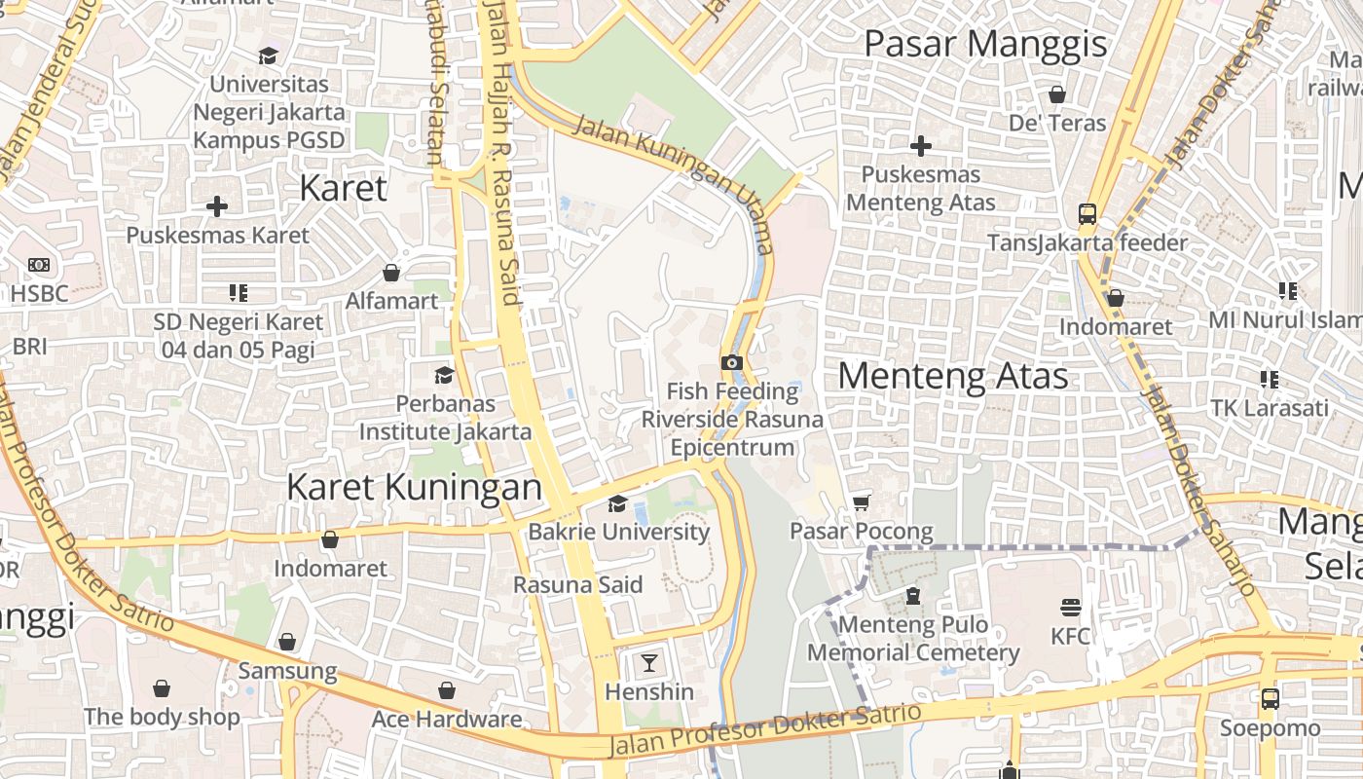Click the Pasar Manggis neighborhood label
coord(985,44)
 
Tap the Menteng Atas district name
coord(952,376)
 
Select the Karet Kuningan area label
coord(414,487)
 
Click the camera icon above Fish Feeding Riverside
coord(731,362)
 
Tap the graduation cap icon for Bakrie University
coord(617,503)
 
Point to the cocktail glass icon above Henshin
coord(648,663)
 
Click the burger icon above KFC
coord(1071,608)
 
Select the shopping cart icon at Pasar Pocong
coord(861,502)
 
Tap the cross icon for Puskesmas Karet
coord(217,206)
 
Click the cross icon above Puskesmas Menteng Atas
coord(920,146)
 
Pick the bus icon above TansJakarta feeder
coord(1087,214)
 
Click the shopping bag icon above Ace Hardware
coord(446,690)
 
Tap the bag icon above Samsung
coord(287,642)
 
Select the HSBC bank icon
coord(39,265)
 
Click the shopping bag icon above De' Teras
coord(1057,94)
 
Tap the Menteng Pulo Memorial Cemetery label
coord(912,639)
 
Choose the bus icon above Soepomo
coord(1270,698)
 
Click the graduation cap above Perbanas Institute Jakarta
coord(444,375)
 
